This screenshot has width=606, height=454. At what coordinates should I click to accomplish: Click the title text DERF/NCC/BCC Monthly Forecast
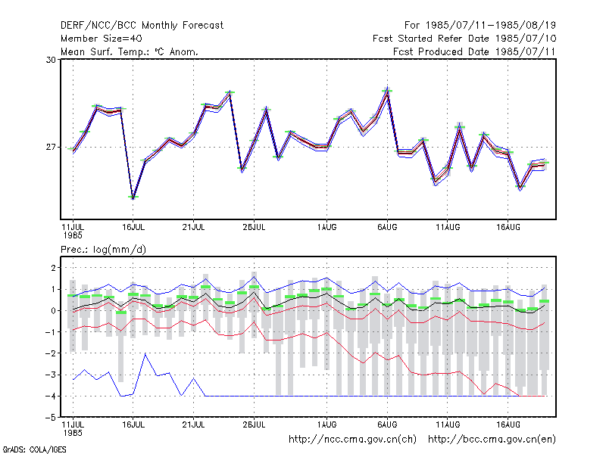coord(142,26)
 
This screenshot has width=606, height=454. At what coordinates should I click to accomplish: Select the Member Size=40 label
coord(102,39)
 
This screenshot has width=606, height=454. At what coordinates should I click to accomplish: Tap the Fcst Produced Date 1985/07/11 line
coord(474,51)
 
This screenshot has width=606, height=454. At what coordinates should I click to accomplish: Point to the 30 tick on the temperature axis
coord(51,60)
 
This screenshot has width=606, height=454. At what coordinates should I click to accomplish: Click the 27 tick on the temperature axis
coord(51,147)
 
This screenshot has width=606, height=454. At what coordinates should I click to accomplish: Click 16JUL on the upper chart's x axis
coord(133,227)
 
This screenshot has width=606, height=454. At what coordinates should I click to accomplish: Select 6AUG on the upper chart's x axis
coord(387,227)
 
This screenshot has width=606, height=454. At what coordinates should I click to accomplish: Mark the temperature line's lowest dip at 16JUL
coord(133,198)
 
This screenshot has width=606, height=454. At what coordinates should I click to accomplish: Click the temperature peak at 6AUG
coord(387,90)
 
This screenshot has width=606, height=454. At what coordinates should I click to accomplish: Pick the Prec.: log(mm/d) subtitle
coord(103,250)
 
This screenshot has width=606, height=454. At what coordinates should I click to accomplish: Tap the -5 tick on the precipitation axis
coord(51,418)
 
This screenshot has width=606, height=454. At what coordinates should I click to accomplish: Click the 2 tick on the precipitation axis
coord(53,268)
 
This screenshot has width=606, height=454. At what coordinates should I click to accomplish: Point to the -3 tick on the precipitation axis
coord(51,375)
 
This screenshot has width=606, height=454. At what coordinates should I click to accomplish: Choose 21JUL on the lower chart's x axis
coord(194,424)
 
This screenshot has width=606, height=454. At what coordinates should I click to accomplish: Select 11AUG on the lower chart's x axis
coord(448,424)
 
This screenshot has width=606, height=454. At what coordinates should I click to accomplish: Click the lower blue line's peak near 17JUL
coord(145,353)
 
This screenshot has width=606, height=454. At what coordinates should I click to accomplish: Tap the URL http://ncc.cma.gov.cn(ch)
coord(352,440)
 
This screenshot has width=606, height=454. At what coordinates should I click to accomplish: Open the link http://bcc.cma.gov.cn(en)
coord(492,440)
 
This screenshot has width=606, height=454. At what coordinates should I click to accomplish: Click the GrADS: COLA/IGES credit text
coord(34,449)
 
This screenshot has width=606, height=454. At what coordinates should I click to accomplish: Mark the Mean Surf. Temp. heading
coord(130,51)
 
